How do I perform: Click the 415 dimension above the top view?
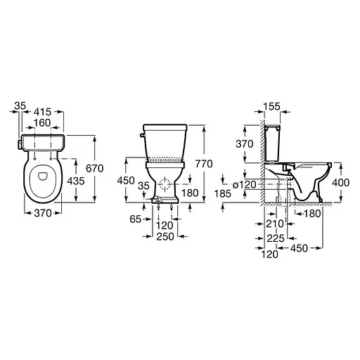point(42,112)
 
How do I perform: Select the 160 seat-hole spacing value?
point(42,123)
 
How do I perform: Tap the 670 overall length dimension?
point(95,169)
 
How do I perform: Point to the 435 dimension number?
point(76,181)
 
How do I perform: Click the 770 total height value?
point(204,164)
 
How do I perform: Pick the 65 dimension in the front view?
point(136,219)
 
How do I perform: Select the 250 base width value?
point(165,236)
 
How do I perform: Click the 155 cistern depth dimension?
point(271,106)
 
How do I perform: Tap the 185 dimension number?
point(223,193)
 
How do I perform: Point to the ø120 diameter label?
point(245,185)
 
